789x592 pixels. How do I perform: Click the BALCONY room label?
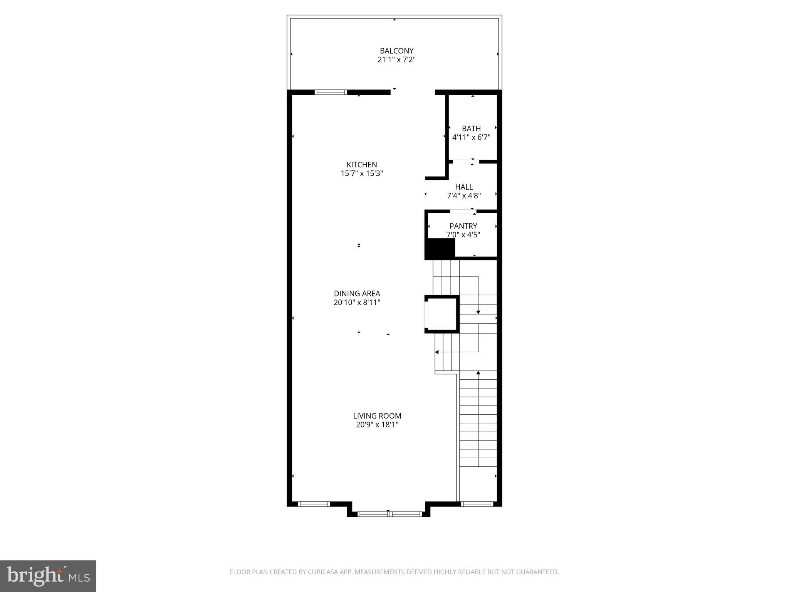pos(396,51)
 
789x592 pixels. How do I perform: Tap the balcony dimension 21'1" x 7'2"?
pos(396,60)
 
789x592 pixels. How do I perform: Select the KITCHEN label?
pos(362,165)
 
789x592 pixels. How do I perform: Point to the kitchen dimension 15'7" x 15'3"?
pos(362,173)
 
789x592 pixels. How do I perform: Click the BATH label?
pos(471,128)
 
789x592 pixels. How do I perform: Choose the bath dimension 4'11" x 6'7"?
pos(471,137)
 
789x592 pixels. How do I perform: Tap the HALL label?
pos(464,187)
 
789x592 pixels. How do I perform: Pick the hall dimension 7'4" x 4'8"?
pos(464,196)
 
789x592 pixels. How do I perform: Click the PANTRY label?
pos(463,226)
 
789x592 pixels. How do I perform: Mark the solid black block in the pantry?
pos(440,248)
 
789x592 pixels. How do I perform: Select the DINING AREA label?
pos(357,294)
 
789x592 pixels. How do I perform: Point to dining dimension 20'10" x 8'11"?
pos(357,303)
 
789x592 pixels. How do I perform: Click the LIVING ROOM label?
pos(377,416)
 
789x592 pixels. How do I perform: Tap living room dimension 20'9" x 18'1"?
pos(377,425)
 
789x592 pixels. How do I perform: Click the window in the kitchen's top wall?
pos(331,92)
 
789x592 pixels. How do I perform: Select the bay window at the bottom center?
pos(389,514)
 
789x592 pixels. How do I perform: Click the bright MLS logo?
pos(48,576)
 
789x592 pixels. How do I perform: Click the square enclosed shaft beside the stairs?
pos(442,314)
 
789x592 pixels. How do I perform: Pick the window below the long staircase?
pos(477,504)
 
